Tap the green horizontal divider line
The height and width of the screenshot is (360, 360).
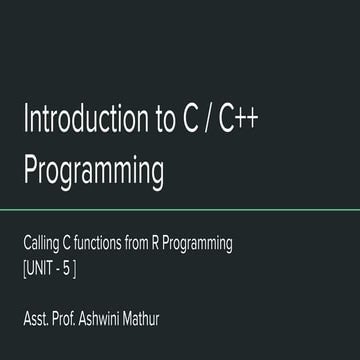coord(180,209)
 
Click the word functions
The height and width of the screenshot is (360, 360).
coord(111,243)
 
